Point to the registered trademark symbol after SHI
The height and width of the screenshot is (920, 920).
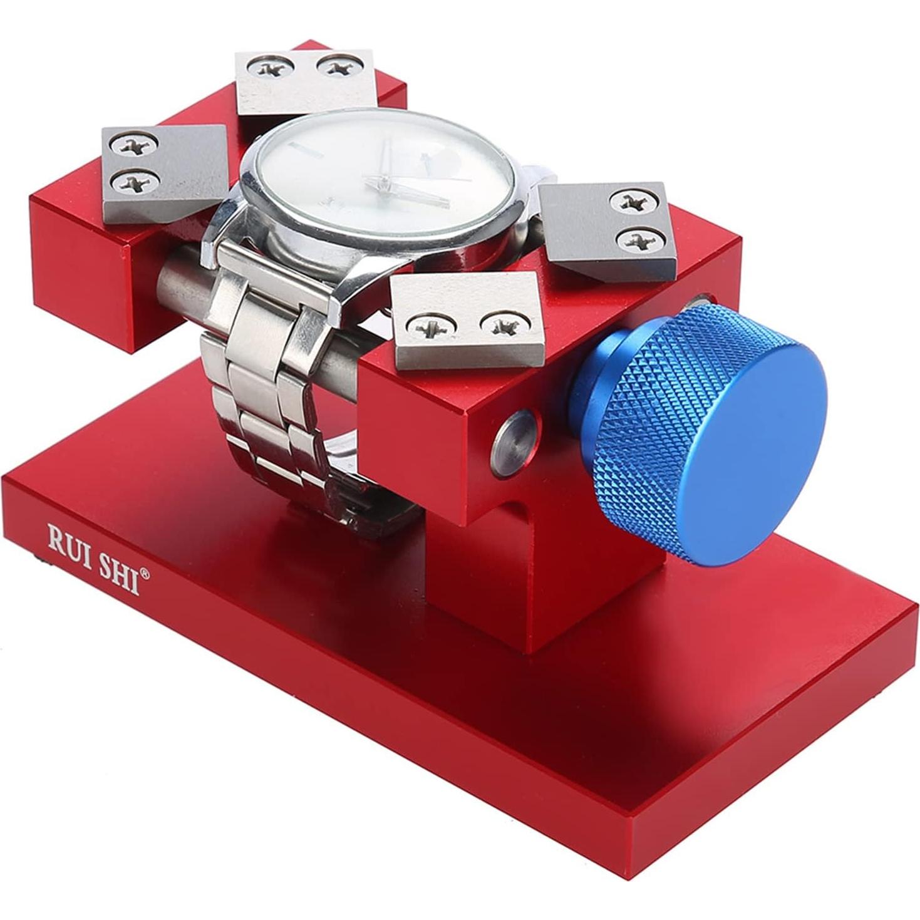(x=145, y=572)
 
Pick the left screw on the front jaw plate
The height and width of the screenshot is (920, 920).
(x=428, y=324)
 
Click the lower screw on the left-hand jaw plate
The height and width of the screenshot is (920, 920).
(x=133, y=182)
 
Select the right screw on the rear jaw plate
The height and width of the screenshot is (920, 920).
(x=339, y=65)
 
